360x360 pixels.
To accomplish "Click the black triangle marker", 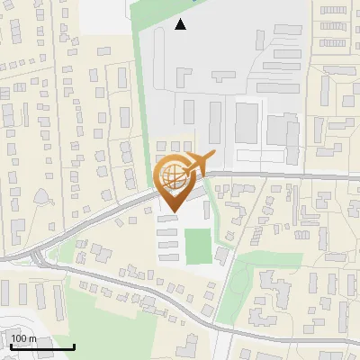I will pos(181,24).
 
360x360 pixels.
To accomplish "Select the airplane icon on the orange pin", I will pos(196,164).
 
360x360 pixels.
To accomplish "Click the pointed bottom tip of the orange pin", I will pos(171,211).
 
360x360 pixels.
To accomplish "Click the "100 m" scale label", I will pos(24,338).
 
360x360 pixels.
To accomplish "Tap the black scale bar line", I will pos(42,346).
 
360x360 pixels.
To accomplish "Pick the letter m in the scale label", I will pos(33,338).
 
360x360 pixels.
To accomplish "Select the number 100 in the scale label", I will pos(20,338).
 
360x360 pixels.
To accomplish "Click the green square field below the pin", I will pos(198,244).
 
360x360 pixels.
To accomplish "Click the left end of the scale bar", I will pos(12,346).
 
